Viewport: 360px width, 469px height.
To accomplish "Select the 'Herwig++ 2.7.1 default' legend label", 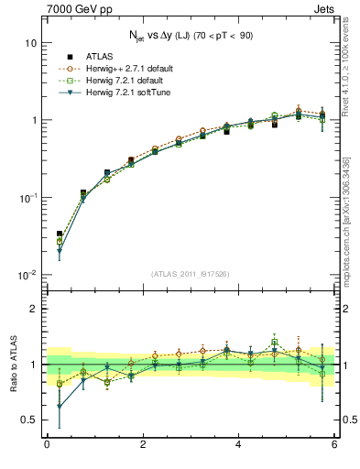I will pyautogui.click(x=131, y=69).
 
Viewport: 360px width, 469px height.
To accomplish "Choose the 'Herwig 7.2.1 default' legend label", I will pyautogui.click(x=127, y=80).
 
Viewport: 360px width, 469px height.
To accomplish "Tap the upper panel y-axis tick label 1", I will pyautogui.click(x=34, y=121).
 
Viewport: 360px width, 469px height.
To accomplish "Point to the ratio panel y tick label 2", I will pyautogui.click(x=34, y=309).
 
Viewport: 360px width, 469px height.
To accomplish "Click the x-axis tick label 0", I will pyautogui.click(x=47, y=446).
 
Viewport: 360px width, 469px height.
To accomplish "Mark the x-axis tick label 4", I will pyautogui.click(x=239, y=446).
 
